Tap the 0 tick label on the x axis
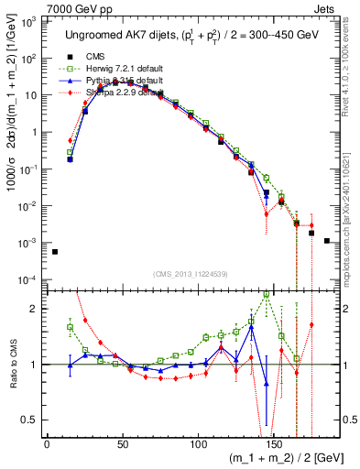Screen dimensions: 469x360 tap(47, 444)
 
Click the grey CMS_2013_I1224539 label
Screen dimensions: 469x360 tap(190, 272)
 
